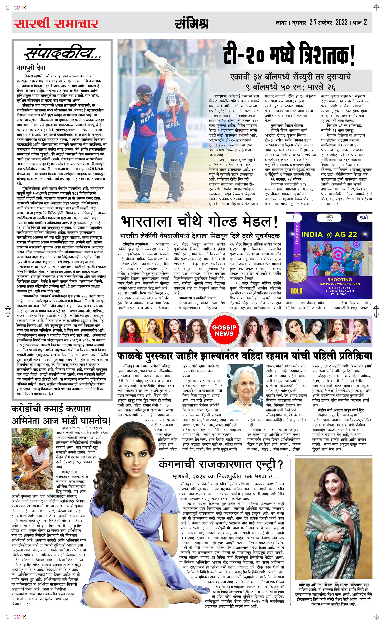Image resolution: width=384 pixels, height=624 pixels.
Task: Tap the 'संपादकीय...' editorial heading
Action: pos(62,54)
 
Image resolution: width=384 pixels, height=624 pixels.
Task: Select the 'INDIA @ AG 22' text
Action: pos(329,234)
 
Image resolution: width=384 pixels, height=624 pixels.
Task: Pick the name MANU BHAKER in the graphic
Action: pos(340,288)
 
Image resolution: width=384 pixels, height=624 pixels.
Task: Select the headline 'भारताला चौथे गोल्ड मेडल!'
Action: pos(199,222)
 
